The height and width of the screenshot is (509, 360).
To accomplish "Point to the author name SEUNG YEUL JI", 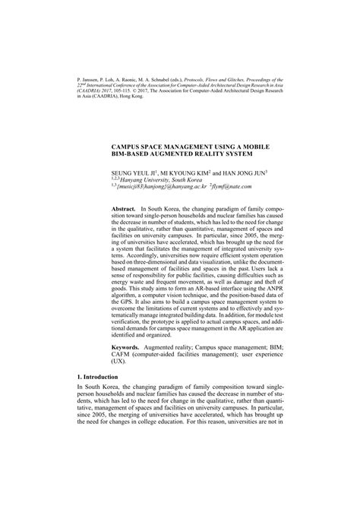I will (134, 173).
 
